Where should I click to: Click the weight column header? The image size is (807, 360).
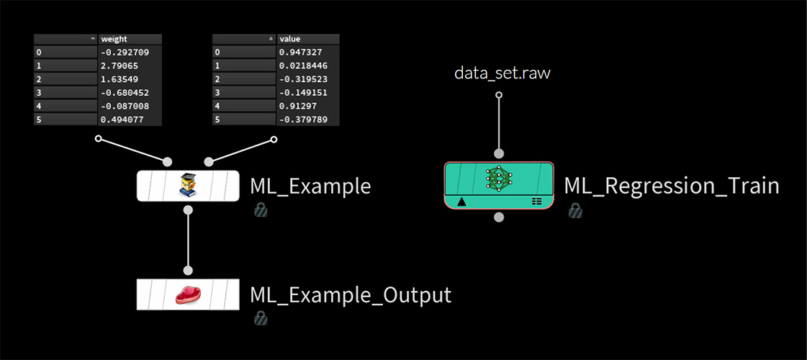[x=130, y=39]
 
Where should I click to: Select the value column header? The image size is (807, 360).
[x=308, y=39]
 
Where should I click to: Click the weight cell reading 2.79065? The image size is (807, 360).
[x=130, y=66]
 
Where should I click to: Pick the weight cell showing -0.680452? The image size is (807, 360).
[x=130, y=92]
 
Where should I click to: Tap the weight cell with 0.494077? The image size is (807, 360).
[x=130, y=119]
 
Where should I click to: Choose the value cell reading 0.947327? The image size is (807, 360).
[x=308, y=53]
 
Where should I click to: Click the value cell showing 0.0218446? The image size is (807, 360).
[x=308, y=66]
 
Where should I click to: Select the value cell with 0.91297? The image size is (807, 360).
[x=308, y=106]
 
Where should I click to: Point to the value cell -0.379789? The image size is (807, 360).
[x=308, y=119]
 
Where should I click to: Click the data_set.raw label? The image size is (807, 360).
[x=502, y=73]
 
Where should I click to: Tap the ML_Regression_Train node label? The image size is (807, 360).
[x=671, y=186]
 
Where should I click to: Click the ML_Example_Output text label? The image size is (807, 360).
[x=350, y=294]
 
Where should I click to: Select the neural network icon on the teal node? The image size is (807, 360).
[x=499, y=179]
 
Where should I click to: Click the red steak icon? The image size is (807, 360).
[x=188, y=294]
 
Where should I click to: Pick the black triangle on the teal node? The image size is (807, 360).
[x=461, y=202]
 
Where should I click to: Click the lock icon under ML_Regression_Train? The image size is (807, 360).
[x=574, y=210]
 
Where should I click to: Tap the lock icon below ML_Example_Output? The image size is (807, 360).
[x=261, y=318]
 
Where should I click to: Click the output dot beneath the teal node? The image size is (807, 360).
[x=499, y=217]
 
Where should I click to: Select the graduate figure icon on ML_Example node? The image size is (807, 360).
[x=188, y=186]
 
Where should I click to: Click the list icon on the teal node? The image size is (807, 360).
[x=536, y=202]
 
